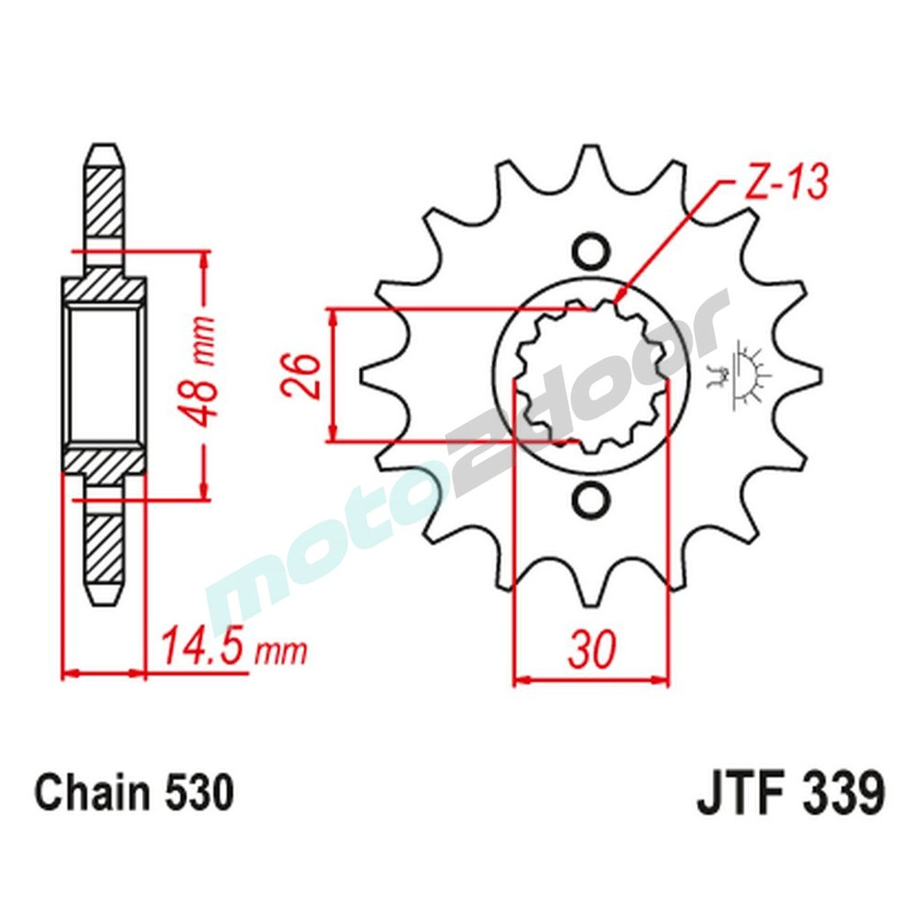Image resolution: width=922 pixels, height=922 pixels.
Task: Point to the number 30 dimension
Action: [590, 651]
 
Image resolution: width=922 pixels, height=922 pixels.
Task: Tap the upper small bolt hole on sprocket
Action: [590, 250]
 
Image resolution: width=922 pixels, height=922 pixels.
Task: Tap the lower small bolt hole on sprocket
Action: [590, 501]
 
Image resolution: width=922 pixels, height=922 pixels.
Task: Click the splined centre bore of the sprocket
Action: [590, 375]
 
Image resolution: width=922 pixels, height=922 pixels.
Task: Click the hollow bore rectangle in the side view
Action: [103, 375]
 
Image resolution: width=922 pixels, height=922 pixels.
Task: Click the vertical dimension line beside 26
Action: [334, 375]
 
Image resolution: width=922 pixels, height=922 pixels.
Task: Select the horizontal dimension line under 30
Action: [590, 682]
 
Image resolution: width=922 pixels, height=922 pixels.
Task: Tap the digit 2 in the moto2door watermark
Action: [479, 461]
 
